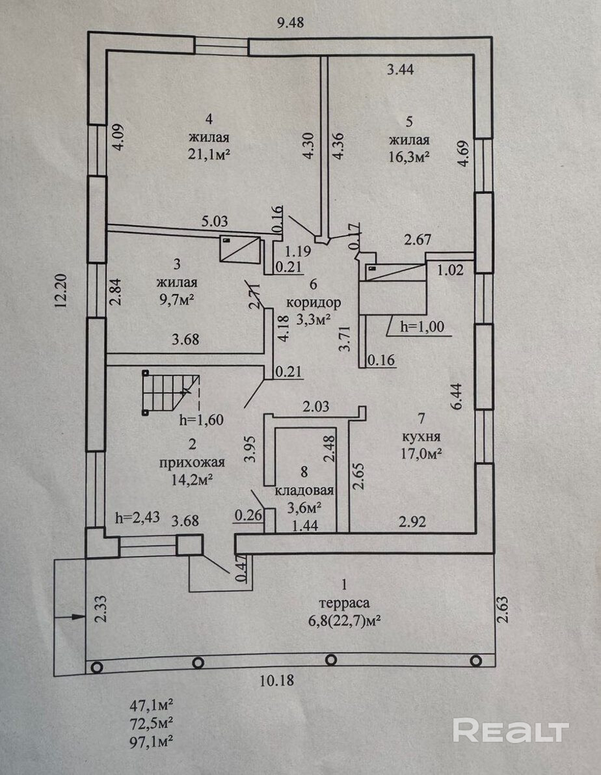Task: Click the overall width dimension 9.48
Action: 291,23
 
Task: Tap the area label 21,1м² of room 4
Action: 209,154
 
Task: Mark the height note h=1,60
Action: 201,420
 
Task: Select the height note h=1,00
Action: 422,327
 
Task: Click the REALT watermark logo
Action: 511,731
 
